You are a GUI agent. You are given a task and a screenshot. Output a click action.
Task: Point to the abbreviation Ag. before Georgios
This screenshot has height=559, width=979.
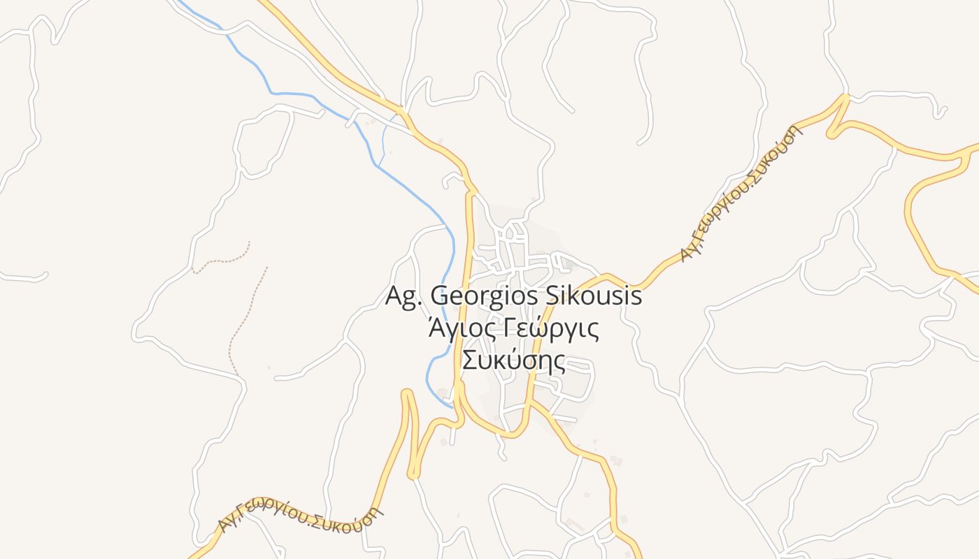pyautogui.click(x=403, y=296)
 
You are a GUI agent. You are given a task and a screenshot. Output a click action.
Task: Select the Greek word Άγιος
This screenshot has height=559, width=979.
pyautogui.click(x=455, y=328)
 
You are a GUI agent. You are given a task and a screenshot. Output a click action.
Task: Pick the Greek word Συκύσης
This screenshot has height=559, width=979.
pyautogui.click(x=513, y=361)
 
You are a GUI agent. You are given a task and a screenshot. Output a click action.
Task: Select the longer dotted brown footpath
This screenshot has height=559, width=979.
pyautogui.click(x=246, y=321)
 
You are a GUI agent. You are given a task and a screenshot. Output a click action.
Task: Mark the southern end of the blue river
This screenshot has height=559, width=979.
pyautogui.click(x=450, y=405)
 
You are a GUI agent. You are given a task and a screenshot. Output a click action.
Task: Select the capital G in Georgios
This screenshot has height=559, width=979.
pyautogui.click(x=439, y=296)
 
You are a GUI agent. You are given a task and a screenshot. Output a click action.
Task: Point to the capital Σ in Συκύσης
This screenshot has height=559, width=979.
pyautogui.click(x=469, y=361)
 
